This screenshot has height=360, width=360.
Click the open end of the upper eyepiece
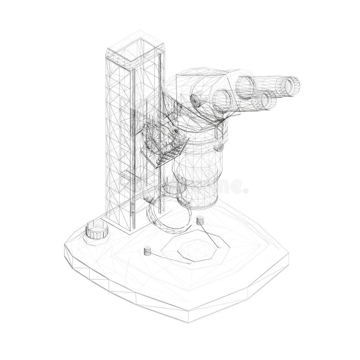pos(288,85)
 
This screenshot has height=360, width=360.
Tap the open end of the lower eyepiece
pos(264,100)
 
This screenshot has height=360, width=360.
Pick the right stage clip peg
pos(200,220)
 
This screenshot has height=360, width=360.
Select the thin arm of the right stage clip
pos(211,235)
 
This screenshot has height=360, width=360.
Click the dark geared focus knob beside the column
pos(164,148)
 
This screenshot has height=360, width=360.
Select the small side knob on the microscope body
pos(220,146)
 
